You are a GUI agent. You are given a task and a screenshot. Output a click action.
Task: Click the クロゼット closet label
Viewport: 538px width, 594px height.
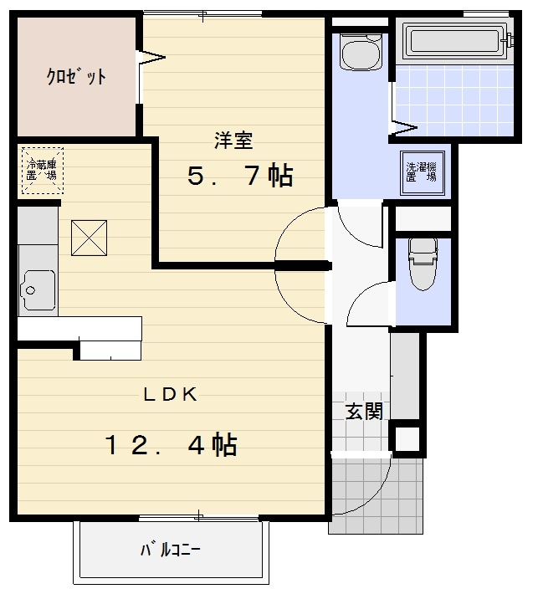pos(76,76)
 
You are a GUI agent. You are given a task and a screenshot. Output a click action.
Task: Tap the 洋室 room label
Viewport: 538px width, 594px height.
pos(233,141)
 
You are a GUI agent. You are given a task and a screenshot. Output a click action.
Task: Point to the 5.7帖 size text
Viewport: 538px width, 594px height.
pos(241,176)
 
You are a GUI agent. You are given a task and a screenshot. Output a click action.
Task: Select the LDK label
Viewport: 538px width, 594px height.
pos(171,395)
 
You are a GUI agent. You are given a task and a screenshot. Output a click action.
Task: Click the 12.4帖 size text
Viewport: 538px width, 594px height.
pos(171,444)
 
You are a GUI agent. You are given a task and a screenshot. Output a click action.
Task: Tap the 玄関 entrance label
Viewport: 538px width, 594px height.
pos(364,412)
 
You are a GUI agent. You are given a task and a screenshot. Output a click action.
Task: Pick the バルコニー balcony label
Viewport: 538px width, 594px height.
pos(171,549)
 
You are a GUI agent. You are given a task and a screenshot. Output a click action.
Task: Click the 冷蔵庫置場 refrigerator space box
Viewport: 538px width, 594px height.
pos(43,171)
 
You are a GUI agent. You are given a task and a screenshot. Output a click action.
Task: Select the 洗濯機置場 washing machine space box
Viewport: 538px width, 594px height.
pos(422,173)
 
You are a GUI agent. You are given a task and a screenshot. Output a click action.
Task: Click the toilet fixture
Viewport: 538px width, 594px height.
pos(423,264)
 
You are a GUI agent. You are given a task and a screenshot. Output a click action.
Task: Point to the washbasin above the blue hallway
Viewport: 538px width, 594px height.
pos(361,52)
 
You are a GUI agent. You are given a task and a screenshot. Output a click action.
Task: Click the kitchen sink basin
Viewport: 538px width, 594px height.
pos(38,289)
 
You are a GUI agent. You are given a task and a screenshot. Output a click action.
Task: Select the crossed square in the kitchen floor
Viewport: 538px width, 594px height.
pos(89,238)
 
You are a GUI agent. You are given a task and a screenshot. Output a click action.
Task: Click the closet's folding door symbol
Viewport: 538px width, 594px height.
pos(151,58)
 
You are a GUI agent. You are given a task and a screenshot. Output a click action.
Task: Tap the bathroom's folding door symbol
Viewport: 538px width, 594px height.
pos(403,128)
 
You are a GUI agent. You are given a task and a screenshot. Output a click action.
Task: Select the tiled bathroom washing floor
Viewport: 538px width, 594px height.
pos(454,100)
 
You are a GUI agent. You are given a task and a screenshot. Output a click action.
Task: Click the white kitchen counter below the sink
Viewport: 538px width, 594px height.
pos(79,329)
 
